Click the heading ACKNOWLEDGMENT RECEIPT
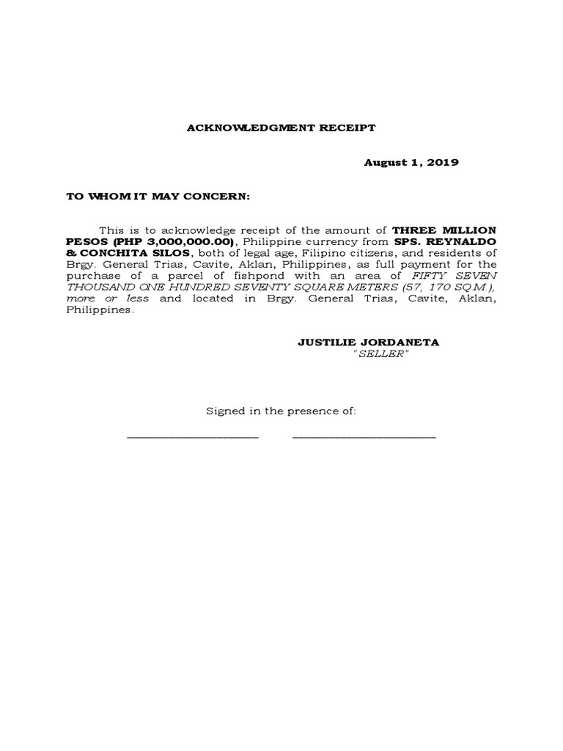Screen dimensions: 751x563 (x=281, y=128)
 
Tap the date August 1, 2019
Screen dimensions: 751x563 (x=411, y=163)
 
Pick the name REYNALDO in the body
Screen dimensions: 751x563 (x=468, y=241)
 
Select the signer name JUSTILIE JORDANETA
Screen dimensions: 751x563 (x=369, y=342)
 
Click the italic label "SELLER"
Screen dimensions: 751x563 (x=380, y=354)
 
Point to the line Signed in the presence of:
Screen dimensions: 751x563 (x=281, y=411)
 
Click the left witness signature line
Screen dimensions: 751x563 (x=193, y=436)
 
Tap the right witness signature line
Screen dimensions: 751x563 (x=364, y=436)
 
